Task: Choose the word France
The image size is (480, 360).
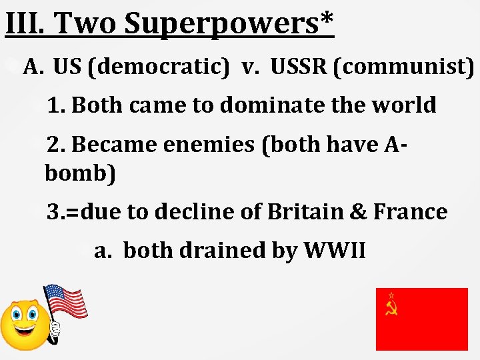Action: point(411,211)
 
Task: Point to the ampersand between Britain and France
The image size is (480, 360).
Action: point(359,211)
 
